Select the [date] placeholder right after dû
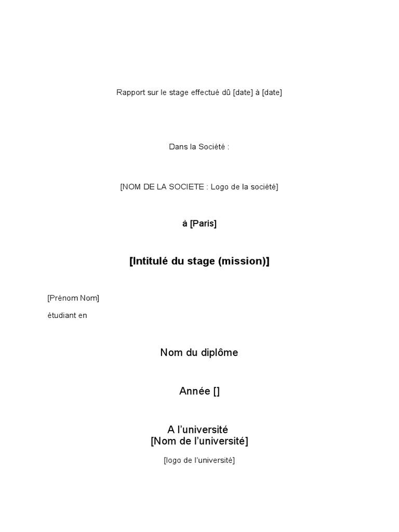(x=243, y=92)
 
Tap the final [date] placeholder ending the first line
(x=272, y=92)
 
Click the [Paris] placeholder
(x=203, y=223)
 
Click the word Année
(x=194, y=391)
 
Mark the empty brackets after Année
(x=216, y=391)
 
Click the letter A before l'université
(x=171, y=430)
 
